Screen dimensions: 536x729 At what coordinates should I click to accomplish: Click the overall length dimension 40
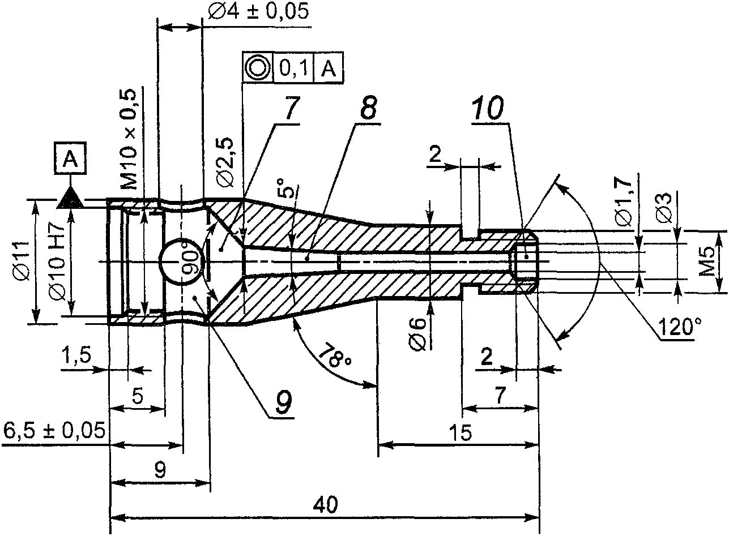click(329, 504)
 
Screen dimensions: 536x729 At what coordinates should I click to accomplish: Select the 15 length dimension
click(462, 433)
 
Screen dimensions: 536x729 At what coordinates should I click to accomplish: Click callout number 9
click(283, 402)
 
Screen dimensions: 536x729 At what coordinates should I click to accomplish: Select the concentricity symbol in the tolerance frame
click(258, 67)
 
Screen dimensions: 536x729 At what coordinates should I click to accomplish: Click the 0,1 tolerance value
click(293, 68)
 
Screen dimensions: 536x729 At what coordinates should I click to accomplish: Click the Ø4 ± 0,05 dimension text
click(258, 12)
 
